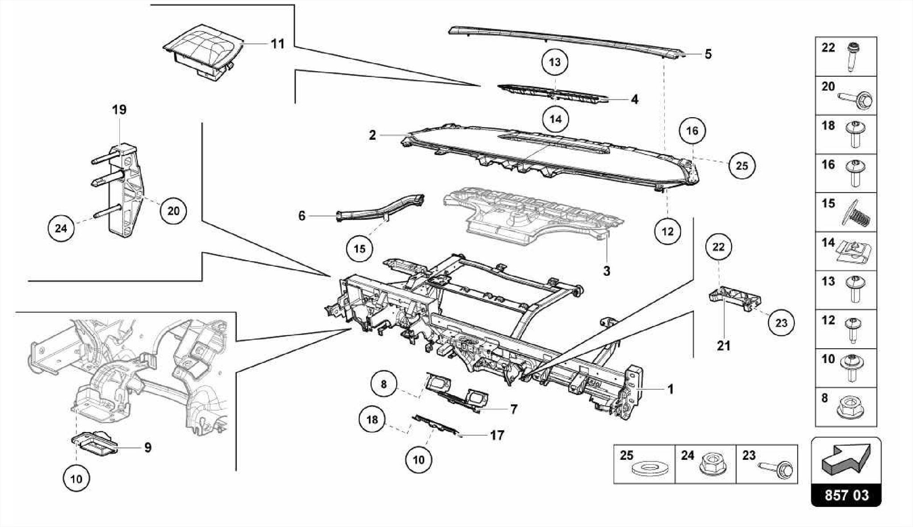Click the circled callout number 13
coord(555,62)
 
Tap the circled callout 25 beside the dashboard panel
coord(742,166)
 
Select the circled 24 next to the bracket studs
coord(61,229)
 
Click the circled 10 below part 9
coord(76,479)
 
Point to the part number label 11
coord(278,44)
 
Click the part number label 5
coord(708,54)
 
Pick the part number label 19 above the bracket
coord(119,110)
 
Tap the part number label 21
coord(724,346)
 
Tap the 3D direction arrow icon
coord(846,458)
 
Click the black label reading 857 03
coord(846,495)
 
